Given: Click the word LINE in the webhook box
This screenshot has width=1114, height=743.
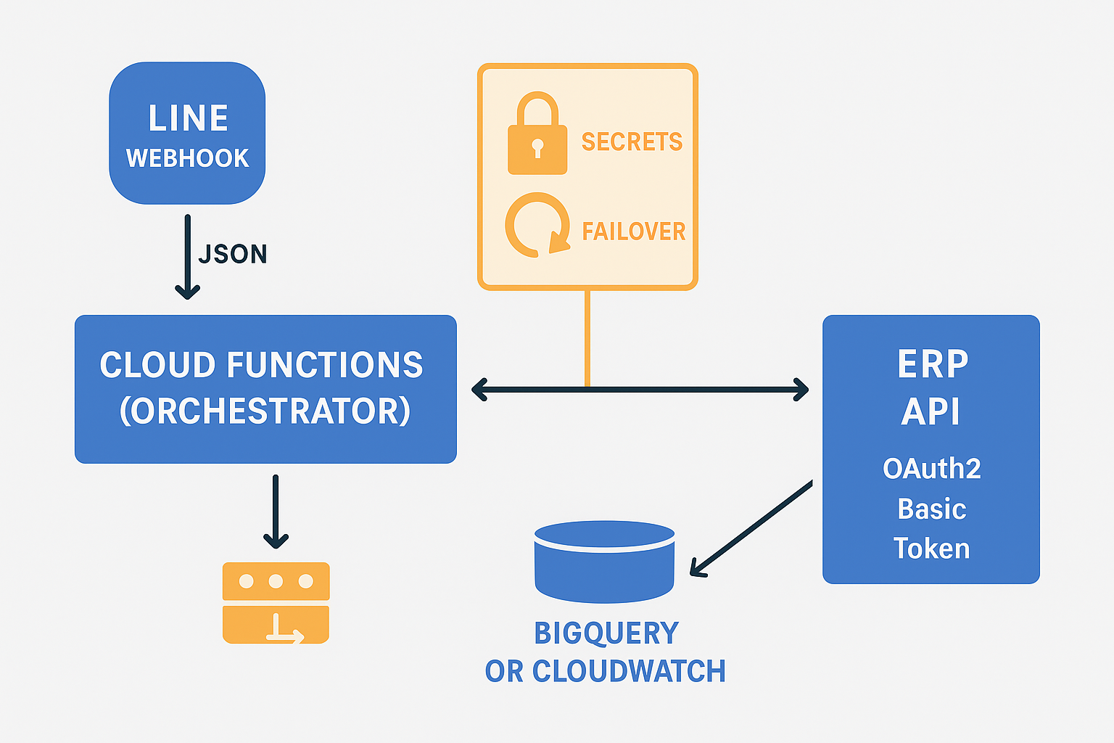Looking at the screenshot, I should coord(188,118).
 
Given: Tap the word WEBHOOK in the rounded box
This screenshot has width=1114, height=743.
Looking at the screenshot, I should coord(187,158).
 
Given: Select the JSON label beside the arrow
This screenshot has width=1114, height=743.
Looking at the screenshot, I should coord(233,254).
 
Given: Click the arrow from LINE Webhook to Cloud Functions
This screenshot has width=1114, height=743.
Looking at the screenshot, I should coord(187,258).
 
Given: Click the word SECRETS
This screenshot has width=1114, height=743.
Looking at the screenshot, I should coord(632,142).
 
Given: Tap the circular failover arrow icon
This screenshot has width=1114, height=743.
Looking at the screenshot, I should coord(537,225).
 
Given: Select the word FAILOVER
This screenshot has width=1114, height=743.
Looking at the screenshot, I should coord(633,231).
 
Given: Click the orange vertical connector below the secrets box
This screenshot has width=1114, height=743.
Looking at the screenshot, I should coord(587,337).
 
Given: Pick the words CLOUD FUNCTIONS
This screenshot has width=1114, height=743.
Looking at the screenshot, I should coord(261,365).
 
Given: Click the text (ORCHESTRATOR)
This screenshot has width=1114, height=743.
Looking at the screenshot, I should coord(265,411).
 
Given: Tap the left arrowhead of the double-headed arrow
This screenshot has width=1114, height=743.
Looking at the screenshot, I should coord(479,390).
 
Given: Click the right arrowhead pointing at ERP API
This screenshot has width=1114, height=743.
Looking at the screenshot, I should coord(801,390).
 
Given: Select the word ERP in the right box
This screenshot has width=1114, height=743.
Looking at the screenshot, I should coord(932,364).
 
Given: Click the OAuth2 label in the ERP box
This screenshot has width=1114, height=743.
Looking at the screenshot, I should coord(931,469).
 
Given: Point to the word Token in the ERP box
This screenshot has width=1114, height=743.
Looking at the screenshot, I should coord(931,549).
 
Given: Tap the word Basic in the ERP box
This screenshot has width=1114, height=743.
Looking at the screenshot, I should coord(931,509).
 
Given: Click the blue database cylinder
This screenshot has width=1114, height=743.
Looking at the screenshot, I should coord(604,562).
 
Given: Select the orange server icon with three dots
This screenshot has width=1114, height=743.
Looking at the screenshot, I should coord(276,602).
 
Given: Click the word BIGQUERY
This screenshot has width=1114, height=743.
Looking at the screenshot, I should coord(606,633).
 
